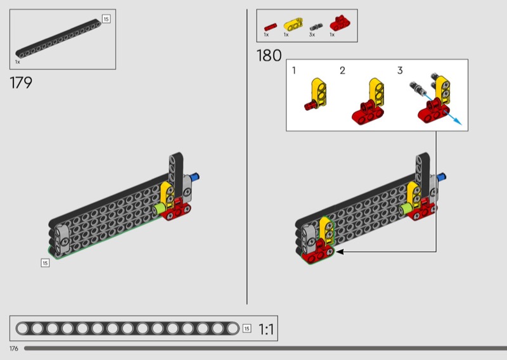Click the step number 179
pos(21,83)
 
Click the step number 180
pos(269,56)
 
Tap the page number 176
pos(14,349)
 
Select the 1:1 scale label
pos(266,330)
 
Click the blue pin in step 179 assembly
pos(195,177)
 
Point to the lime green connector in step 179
pos(159,209)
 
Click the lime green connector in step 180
pos(406,209)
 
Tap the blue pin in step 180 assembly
pos(441,177)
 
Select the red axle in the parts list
pos(271,27)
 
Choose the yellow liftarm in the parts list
pos(293,24)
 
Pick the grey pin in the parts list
pos(316,27)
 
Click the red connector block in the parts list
pos(340,23)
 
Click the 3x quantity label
pos(312,35)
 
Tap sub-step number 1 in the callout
pos(294,70)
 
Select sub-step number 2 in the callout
pos(342,70)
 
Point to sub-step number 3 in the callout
pos(400,70)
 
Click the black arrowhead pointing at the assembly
pos(340,252)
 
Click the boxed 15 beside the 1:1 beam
pos(247,328)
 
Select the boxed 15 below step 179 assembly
pos(45,263)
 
